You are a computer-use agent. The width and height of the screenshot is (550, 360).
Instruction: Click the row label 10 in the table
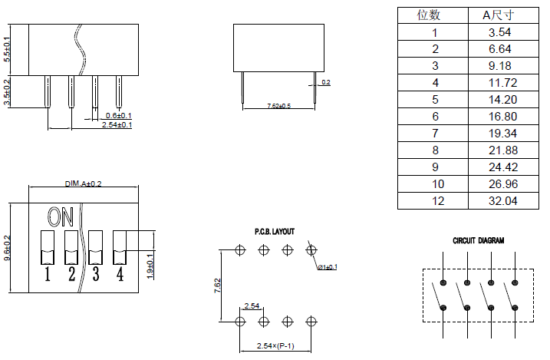[x=434, y=183]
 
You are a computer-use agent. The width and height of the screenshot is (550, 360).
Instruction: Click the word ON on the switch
[x=61, y=216]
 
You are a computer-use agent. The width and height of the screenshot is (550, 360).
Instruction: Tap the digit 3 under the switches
[x=96, y=273]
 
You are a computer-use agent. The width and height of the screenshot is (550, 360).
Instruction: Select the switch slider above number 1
[x=48, y=246]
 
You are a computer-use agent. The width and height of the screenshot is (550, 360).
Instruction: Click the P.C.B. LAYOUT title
[x=274, y=231]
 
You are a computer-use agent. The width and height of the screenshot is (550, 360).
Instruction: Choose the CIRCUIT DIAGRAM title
[x=478, y=240]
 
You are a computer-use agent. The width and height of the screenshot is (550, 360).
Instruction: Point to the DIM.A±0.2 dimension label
[x=84, y=183]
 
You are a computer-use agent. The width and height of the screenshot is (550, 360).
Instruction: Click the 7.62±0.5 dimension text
[x=278, y=105]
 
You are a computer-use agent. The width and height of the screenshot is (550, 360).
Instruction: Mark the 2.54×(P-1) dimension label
[x=277, y=345]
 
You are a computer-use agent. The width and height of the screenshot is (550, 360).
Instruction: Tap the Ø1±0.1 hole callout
[x=328, y=266]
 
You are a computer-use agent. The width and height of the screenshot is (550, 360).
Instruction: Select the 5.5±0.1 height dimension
[x=7, y=48]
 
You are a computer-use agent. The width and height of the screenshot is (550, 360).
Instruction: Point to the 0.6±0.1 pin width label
[x=118, y=115]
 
